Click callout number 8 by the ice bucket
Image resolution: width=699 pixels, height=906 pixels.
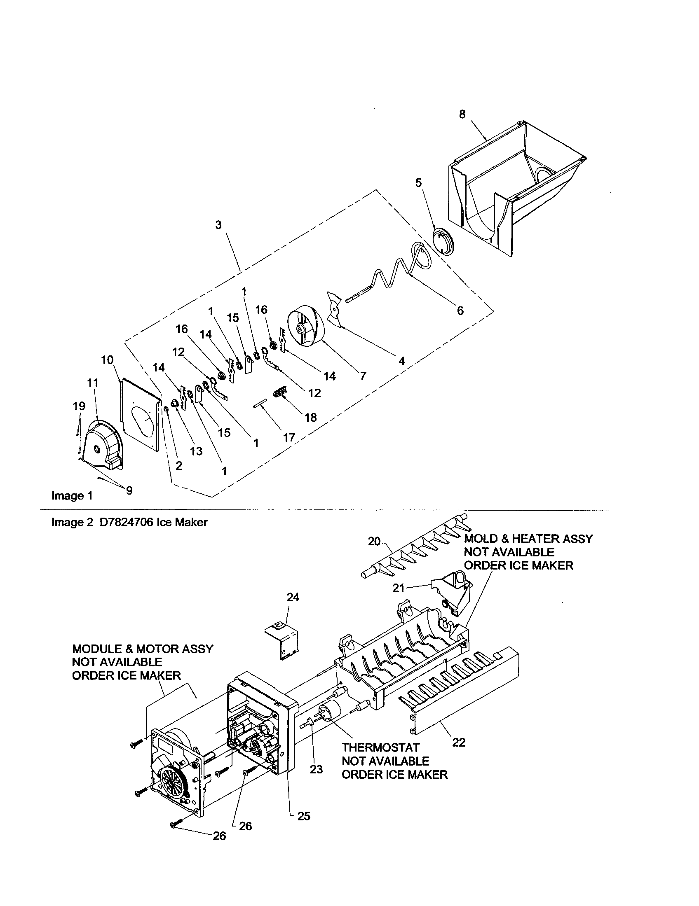(x=462, y=114)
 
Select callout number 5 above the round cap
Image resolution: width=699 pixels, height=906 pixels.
(x=418, y=183)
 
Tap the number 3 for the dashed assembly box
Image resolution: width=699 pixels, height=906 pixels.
(x=218, y=225)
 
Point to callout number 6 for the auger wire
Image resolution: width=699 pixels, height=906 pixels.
(x=460, y=310)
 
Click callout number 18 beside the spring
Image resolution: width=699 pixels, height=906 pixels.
(x=311, y=417)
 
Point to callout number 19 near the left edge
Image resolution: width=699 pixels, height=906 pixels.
(x=79, y=406)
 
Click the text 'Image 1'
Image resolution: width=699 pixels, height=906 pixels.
(x=72, y=496)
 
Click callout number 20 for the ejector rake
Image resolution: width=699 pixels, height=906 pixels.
(x=373, y=542)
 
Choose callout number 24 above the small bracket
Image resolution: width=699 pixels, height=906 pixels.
(x=293, y=597)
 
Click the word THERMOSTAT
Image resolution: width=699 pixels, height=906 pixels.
(x=381, y=747)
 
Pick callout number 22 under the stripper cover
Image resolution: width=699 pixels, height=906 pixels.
(x=459, y=742)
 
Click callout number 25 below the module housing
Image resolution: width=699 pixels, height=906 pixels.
(x=304, y=816)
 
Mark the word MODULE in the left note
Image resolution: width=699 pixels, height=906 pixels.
(x=97, y=649)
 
